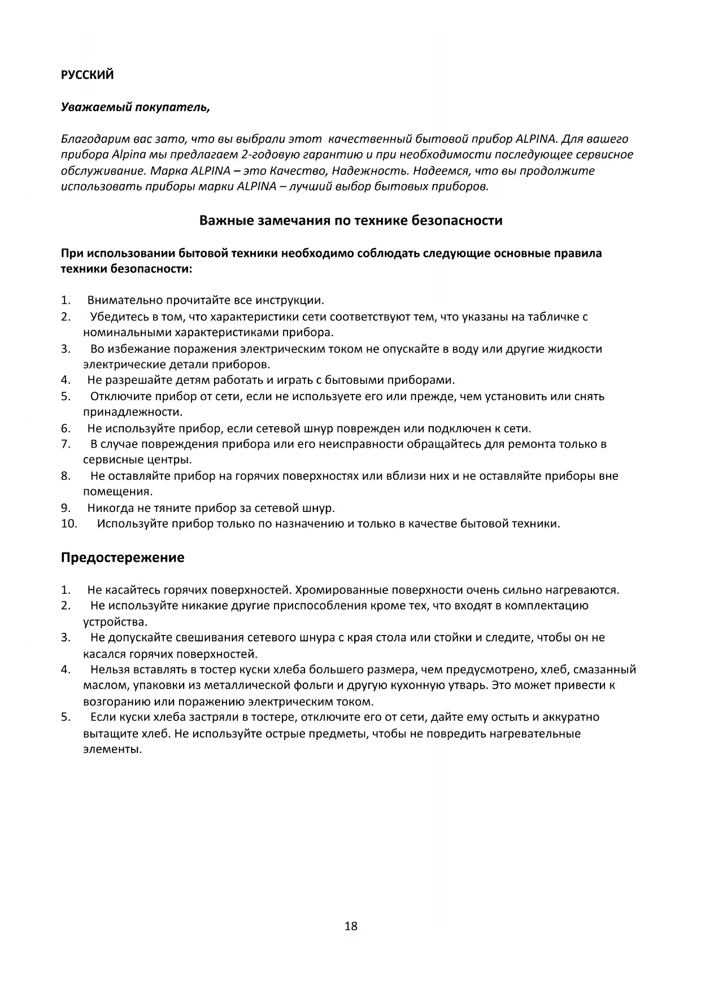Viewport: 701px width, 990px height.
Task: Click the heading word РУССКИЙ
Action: click(87, 75)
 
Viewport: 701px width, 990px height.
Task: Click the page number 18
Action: click(350, 926)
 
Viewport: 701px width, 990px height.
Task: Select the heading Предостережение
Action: click(122, 558)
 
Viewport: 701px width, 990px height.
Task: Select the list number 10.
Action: click(69, 523)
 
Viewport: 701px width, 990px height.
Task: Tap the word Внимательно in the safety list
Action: click(124, 300)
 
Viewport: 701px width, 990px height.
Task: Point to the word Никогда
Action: click(108, 507)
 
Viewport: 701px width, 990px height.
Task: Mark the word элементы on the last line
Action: click(112, 750)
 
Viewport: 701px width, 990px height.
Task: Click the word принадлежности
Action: click(132, 412)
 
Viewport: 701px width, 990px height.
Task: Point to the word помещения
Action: click(117, 492)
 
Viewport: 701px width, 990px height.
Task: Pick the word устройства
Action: click(115, 622)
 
